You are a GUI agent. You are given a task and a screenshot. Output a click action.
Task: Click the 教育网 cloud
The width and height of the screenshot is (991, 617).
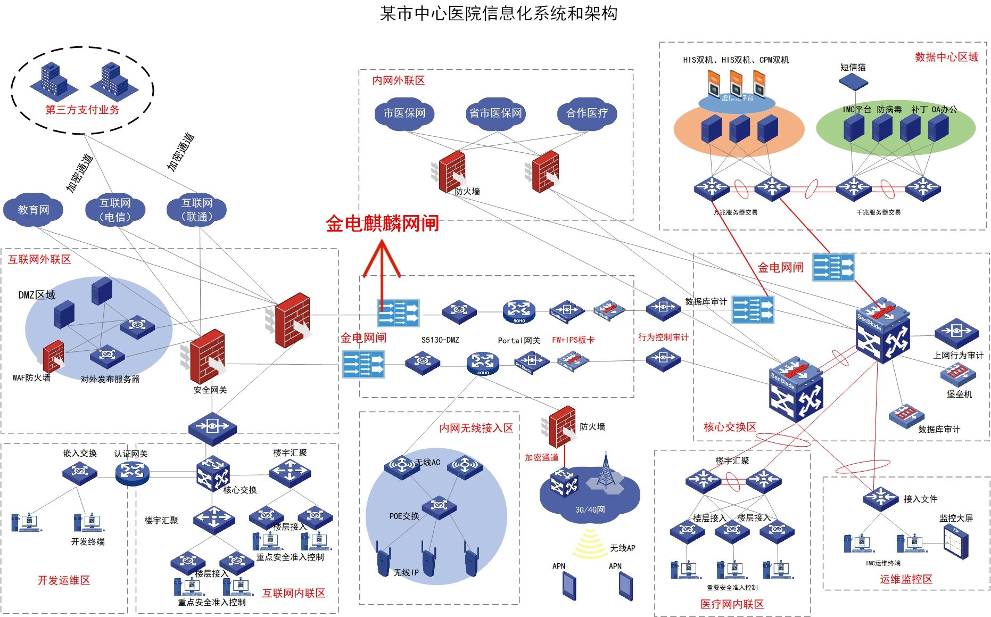coord(33,210)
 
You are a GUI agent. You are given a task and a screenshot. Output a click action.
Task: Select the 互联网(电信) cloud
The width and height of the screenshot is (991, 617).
coord(115,210)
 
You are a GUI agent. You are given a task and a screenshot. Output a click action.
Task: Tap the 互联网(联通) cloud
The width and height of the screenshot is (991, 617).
coord(197,210)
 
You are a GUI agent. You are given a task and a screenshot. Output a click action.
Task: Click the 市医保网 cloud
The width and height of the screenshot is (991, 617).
coord(404,113)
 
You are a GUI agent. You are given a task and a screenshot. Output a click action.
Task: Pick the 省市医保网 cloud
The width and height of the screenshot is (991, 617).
coord(495,113)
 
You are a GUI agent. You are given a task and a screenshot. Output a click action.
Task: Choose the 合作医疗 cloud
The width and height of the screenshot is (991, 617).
coord(587,113)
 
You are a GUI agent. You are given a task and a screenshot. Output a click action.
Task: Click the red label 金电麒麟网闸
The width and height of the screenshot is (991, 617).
coord(382,224)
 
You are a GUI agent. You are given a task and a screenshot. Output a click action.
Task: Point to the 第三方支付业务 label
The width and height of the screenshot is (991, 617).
coord(82,110)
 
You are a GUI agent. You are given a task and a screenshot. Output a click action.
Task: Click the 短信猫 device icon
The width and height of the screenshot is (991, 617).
coord(853,81)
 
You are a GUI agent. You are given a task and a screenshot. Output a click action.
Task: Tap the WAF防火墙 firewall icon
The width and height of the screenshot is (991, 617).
coord(54,356)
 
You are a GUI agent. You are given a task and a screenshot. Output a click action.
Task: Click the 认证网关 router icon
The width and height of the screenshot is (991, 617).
coord(132,472)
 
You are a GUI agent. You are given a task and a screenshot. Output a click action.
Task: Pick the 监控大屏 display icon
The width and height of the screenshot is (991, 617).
coord(956,541)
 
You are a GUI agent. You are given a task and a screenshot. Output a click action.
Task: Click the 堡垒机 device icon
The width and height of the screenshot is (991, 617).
coord(957,374)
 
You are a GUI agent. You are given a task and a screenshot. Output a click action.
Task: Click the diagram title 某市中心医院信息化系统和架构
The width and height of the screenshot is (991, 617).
coord(499,14)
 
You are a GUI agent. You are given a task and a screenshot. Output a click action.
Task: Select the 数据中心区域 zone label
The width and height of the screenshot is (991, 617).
coord(946,57)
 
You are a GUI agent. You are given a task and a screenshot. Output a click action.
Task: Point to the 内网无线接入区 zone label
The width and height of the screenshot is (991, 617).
coord(476,428)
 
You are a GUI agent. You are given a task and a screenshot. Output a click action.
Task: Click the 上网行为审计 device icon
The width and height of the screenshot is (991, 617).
coord(956,333)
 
